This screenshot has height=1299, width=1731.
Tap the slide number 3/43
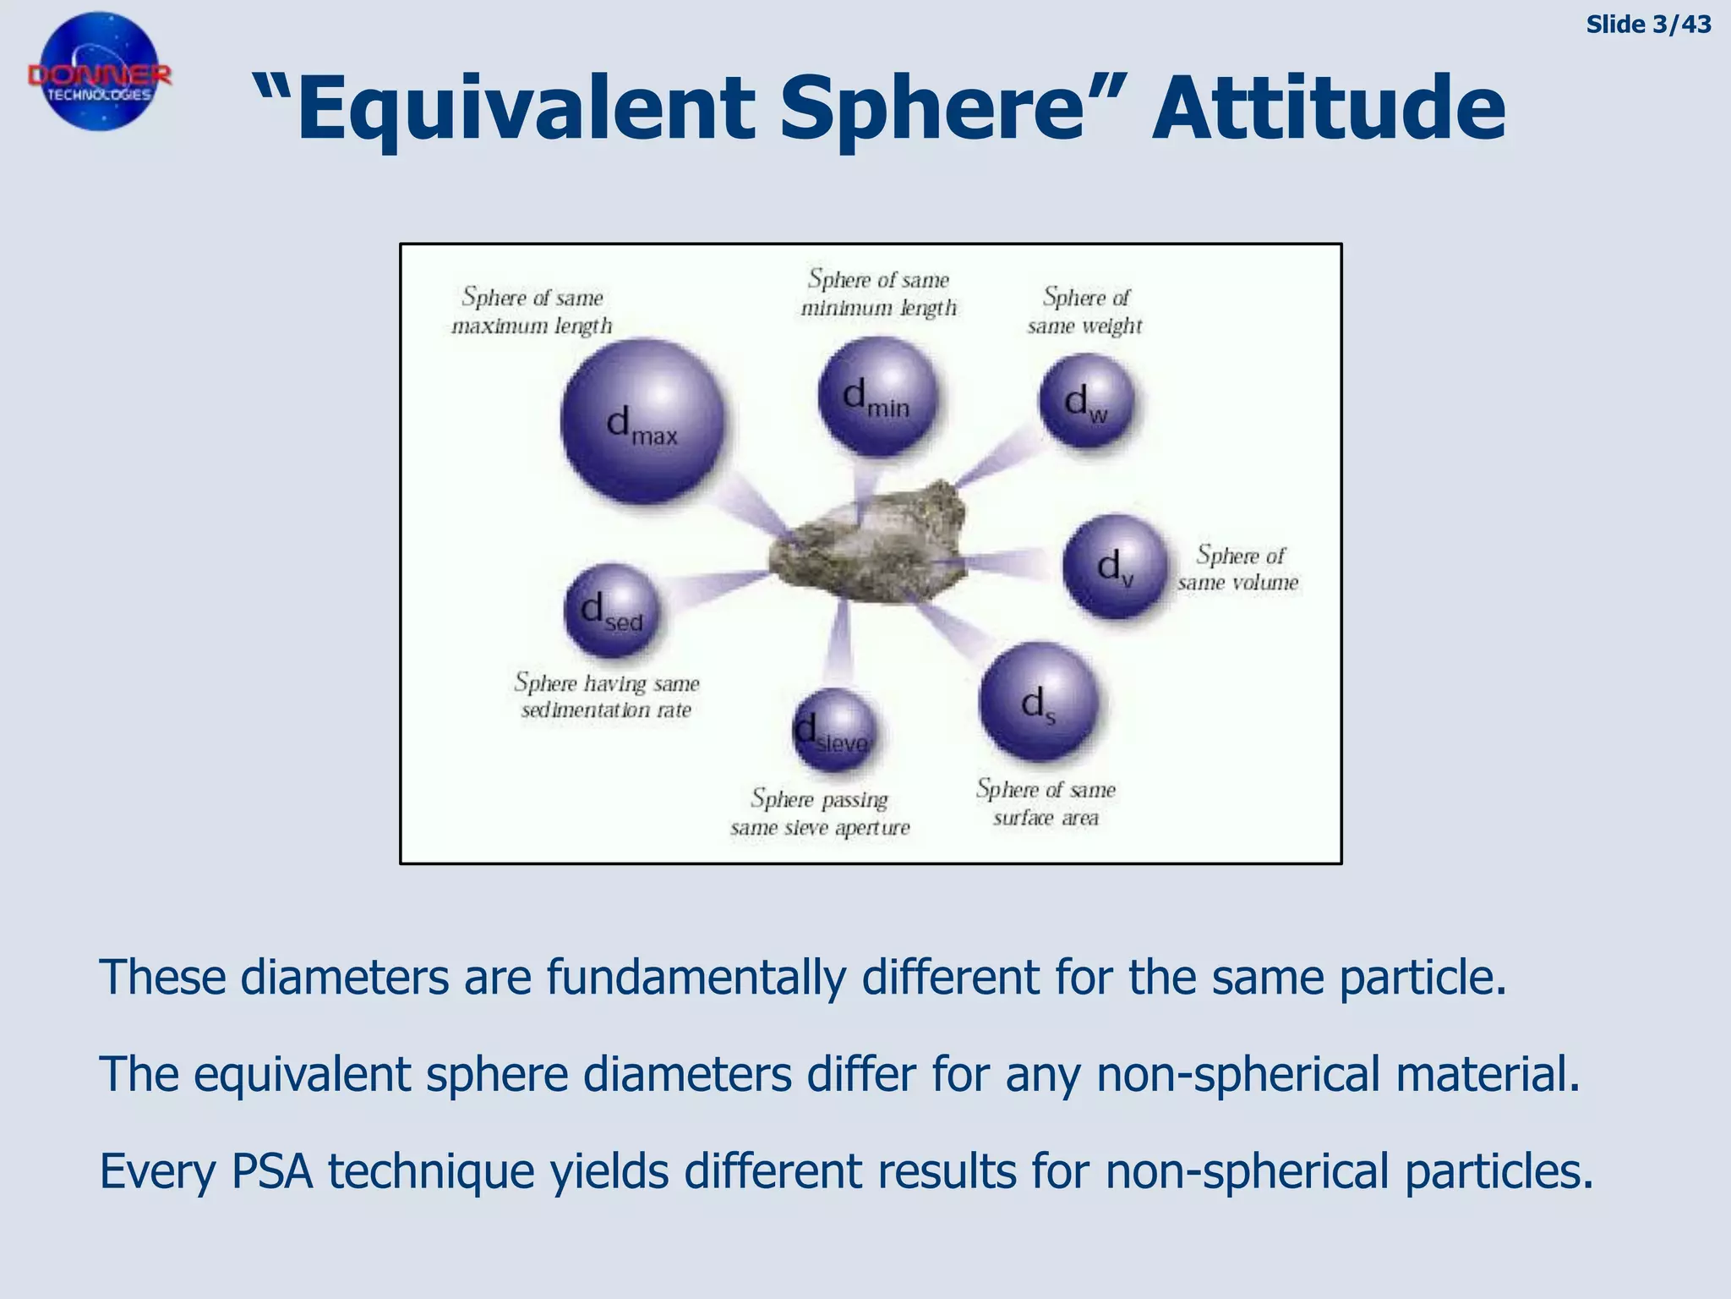pyautogui.click(x=1647, y=25)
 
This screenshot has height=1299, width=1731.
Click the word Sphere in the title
pyautogui.click(x=930, y=108)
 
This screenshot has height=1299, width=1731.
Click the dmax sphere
pyautogui.click(x=642, y=421)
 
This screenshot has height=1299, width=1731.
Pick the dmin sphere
pyautogui.click(x=877, y=397)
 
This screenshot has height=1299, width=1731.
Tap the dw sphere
pyautogui.click(x=1087, y=401)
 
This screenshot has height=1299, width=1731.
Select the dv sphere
pyautogui.click(x=1115, y=566)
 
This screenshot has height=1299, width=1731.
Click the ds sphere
pyautogui.click(x=1039, y=702)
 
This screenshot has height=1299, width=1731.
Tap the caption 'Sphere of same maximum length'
pyautogui.click(x=532, y=311)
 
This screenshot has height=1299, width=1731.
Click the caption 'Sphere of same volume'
pyautogui.click(x=1238, y=568)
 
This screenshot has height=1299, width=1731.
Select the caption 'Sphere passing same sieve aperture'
pyautogui.click(x=820, y=813)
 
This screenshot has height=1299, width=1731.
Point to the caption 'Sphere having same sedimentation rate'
pyautogui.click(x=607, y=696)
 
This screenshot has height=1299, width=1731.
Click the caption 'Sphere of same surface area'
pyautogui.click(x=1046, y=803)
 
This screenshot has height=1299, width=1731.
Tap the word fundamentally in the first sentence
pyautogui.click(x=696, y=978)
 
